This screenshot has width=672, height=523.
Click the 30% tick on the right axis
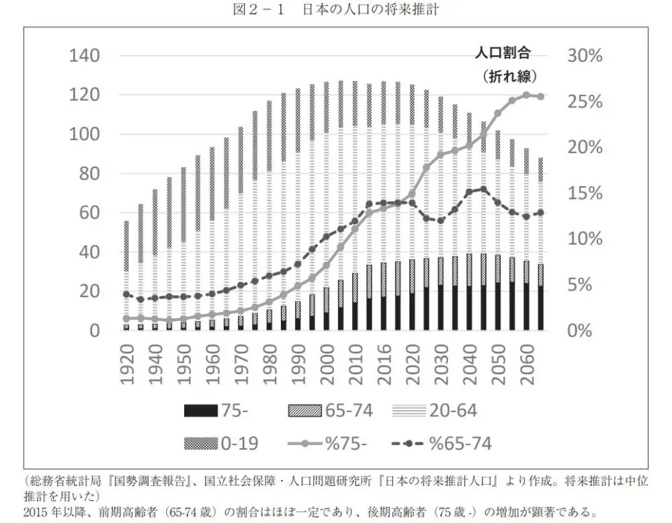(584, 56)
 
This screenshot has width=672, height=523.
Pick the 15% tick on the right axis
(584, 194)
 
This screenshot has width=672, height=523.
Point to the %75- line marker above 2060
(526, 95)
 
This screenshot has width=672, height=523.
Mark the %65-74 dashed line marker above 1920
(126, 294)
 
